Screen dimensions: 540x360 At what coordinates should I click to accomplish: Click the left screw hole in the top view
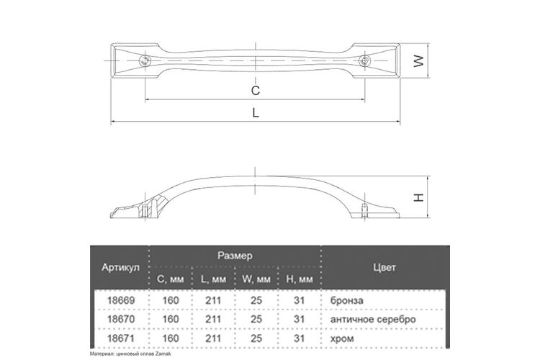point(145,61)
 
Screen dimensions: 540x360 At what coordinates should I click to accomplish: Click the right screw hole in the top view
point(364,61)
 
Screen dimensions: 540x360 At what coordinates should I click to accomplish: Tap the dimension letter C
point(255,90)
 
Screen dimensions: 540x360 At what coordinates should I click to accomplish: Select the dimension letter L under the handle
point(255,112)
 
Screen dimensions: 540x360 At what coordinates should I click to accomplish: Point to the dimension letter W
point(418,61)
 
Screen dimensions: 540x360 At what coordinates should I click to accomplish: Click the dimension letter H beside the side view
point(418,197)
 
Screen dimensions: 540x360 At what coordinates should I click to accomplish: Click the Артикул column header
point(120,267)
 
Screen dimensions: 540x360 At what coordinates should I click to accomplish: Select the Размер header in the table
point(235,256)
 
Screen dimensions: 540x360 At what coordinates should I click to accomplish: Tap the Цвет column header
point(384,267)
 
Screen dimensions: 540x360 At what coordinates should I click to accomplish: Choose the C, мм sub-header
point(171,279)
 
